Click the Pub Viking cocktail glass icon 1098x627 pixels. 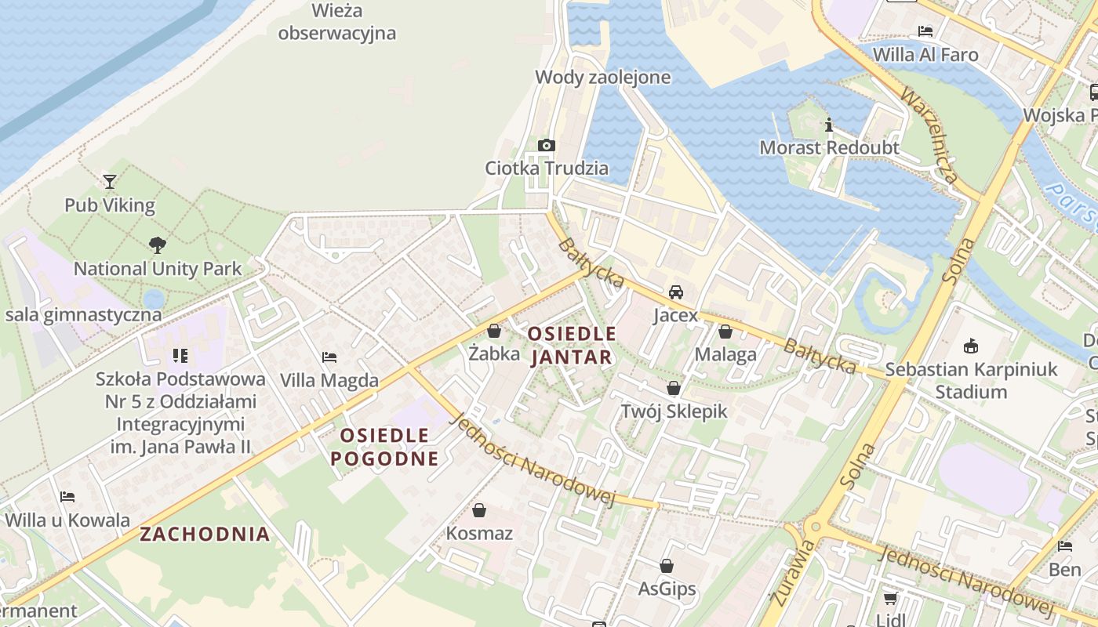[110, 182]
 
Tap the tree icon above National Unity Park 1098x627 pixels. [158, 245]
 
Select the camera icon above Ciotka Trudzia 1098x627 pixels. [547, 145]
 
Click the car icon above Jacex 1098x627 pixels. [675, 292]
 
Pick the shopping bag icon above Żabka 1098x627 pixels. [494, 331]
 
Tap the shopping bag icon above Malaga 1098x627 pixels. [725, 332]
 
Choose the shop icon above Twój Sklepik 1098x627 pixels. [674, 388]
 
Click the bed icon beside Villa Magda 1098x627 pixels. [329, 357]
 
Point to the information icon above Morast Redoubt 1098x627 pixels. [828, 125]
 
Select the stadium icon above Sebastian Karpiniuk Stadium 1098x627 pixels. [971, 346]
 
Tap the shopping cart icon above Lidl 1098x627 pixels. [890, 599]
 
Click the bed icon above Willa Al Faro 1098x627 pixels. [925, 31]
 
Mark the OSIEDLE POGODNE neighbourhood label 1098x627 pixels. [384, 447]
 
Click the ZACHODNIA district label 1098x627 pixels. [205, 535]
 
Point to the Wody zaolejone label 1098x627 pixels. [602, 77]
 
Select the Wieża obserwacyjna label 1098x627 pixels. [336, 22]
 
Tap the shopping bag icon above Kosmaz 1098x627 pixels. [479, 510]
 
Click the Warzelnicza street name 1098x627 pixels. [930, 135]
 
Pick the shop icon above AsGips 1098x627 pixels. [667, 566]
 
